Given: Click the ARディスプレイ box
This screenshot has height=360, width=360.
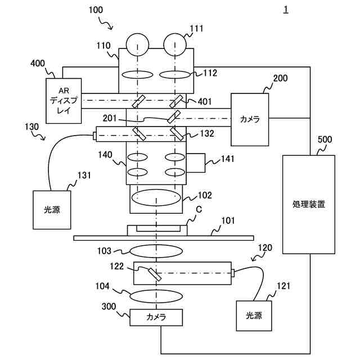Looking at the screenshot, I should [x=63, y=100].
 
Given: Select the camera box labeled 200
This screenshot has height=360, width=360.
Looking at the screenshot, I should [x=250, y=119].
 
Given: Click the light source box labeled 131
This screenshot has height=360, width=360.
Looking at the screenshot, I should [x=52, y=209].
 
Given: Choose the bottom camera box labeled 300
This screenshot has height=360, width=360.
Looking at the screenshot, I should [x=156, y=317].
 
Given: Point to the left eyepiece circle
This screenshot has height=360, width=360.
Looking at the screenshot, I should [x=137, y=45].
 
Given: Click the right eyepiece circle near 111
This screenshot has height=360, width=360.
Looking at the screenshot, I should [x=175, y=45].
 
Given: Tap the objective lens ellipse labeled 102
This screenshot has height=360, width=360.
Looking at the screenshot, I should [x=156, y=197].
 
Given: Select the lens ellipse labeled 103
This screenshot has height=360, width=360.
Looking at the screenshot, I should [x=156, y=250].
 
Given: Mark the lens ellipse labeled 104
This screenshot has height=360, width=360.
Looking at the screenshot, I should [x=156, y=295].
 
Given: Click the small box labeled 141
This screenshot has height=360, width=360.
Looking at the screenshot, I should [x=196, y=163].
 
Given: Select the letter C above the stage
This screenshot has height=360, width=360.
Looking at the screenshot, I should [x=199, y=210].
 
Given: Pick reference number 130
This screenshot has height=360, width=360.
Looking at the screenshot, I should [x=31, y=128].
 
